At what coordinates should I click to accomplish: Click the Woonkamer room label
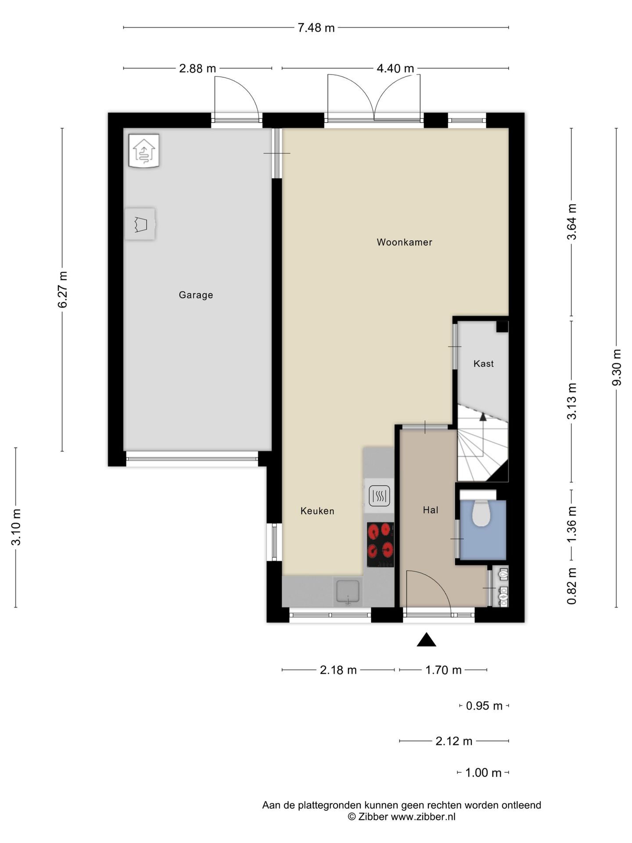click(x=404, y=242)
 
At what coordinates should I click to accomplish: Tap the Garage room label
click(x=196, y=295)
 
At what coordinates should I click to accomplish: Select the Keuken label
click(x=317, y=511)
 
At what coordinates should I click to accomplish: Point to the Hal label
click(x=431, y=510)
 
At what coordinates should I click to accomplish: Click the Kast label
click(x=484, y=364)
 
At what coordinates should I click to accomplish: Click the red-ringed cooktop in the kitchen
click(x=381, y=544)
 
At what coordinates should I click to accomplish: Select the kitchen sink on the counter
click(x=348, y=591)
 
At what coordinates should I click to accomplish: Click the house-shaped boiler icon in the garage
click(x=144, y=151)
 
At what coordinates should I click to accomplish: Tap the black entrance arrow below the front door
click(x=426, y=640)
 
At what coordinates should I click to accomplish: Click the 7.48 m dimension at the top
click(x=316, y=28)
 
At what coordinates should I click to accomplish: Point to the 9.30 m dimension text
click(x=617, y=367)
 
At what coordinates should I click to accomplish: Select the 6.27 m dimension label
click(x=63, y=289)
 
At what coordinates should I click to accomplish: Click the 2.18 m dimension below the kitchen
click(x=338, y=670)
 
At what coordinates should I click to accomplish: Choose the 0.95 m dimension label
click(x=484, y=706)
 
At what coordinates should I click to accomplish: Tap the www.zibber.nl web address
click(x=423, y=817)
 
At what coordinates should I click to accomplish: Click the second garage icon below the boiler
click(x=140, y=224)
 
